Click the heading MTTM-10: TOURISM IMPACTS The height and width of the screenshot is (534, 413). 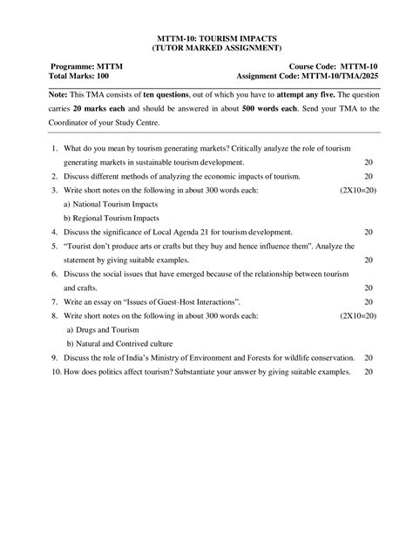coord(206,38)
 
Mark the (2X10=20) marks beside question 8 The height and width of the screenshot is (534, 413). coord(358,315)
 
